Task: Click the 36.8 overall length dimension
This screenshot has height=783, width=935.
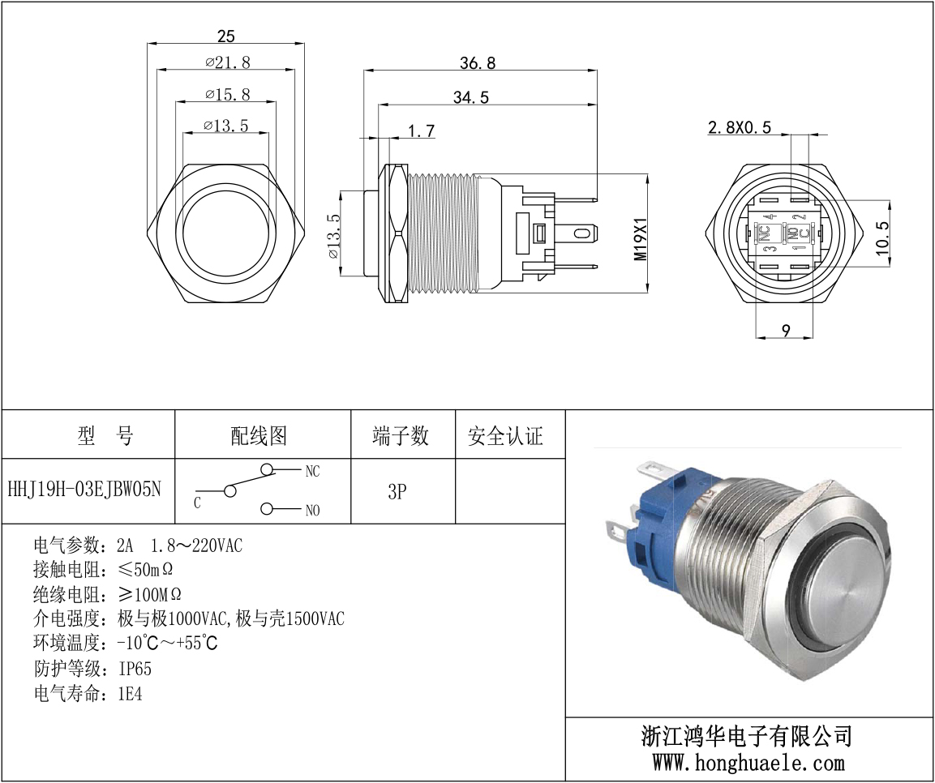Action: click(478, 63)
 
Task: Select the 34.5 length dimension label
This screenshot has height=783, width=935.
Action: click(470, 97)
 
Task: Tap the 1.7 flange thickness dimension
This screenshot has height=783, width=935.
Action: click(422, 130)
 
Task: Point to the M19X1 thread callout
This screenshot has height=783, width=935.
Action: click(641, 238)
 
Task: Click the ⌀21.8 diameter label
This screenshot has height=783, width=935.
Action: click(228, 62)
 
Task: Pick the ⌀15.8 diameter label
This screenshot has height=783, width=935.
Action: click(228, 94)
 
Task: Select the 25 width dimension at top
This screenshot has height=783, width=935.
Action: click(226, 36)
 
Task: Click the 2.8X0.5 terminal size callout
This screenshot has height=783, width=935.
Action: click(740, 127)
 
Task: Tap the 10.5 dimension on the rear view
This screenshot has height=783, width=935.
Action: click(882, 238)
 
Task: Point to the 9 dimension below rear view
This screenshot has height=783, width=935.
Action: click(786, 330)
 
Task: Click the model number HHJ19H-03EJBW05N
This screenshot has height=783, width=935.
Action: click(84, 490)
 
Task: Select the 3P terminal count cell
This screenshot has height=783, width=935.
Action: click(397, 491)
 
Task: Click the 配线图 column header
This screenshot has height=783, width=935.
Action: click(259, 436)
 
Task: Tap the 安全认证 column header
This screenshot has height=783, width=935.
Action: click(506, 436)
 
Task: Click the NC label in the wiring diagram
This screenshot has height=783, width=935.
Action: click(312, 472)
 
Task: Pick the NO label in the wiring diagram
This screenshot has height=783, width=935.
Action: click(312, 510)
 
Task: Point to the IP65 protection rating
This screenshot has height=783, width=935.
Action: click(135, 669)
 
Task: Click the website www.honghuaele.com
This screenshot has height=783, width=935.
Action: click(748, 762)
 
